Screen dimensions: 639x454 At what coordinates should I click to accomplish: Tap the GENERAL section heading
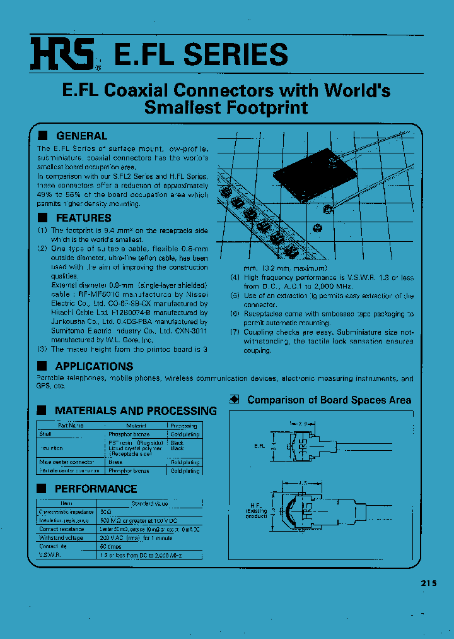click(81, 136)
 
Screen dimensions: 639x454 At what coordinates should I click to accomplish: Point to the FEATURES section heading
click(83, 218)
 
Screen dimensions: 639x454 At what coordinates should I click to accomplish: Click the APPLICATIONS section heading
click(94, 366)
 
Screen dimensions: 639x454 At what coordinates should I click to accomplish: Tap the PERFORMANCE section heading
click(95, 489)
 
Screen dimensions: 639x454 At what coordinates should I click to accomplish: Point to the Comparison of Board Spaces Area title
click(329, 400)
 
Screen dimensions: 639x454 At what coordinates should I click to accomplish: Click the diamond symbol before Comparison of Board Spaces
click(235, 399)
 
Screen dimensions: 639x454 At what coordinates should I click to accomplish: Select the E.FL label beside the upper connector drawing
click(277, 445)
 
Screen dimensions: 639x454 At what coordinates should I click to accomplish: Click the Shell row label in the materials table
click(45, 434)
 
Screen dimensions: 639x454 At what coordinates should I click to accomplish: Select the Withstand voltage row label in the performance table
click(61, 538)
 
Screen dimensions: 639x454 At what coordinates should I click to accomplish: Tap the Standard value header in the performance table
click(149, 503)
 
